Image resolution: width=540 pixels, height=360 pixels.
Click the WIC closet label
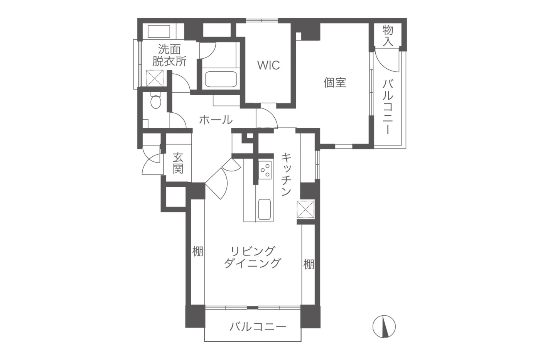click(x=268, y=65)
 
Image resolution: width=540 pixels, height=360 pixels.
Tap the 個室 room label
click(x=334, y=82)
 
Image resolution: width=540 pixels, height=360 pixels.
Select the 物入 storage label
click(x=388, y=35)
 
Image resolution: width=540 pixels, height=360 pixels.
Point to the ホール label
click(x=216, y=120)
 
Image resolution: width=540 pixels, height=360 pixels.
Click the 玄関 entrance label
click(x=178, y=163)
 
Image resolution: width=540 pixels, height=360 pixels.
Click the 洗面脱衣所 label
click(x=169, y=56)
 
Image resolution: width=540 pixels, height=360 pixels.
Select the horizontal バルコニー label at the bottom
click(x=258, y=327)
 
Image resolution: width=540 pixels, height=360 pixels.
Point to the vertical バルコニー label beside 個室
click(x=387, y=107)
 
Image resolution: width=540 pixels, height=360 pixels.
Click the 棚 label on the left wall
click(x=197, y=252)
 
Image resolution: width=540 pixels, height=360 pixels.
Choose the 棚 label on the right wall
click(x=308, y=264)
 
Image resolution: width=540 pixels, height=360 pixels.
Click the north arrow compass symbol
click(x=384, y=326)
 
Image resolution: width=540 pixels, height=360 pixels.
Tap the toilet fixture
click(x=155, y=101)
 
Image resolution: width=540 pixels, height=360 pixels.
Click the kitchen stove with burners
click(x=265, y=170)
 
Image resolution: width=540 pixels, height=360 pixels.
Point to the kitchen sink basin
click(x=264, y=210)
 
